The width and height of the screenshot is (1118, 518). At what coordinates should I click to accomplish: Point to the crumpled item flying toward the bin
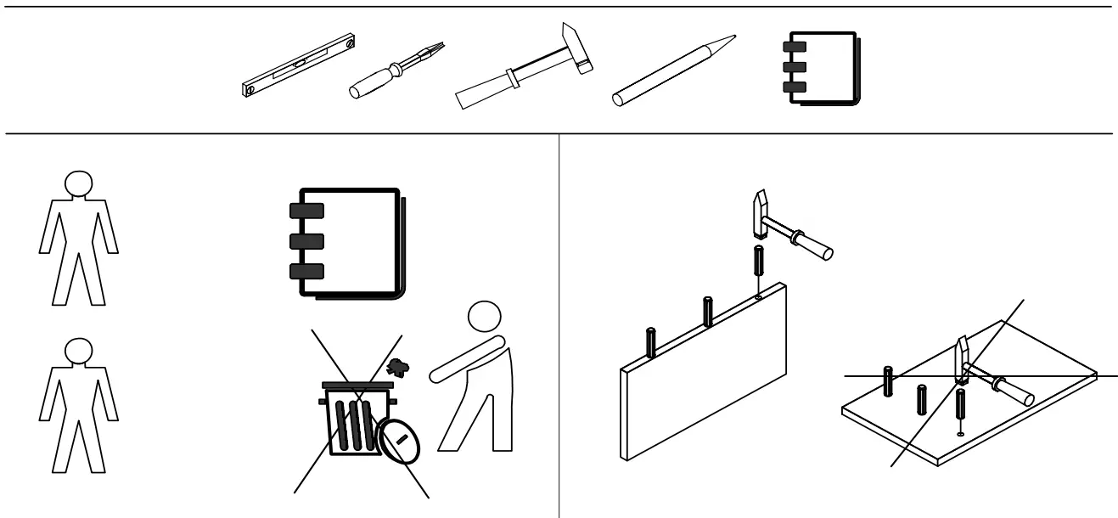tap(396, 367)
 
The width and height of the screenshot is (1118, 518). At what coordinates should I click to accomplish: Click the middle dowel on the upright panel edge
tap(706, 311)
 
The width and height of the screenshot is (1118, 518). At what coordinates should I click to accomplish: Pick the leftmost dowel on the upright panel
tap(651, 341)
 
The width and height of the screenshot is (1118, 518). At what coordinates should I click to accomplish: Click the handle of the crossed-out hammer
tap(1008, 389)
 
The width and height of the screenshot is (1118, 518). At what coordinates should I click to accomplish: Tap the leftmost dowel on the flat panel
tap(889, 382)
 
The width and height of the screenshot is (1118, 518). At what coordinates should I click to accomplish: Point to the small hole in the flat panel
tap(960, 434)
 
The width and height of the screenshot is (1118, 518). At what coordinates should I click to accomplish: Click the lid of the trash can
tap(360, 386)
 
